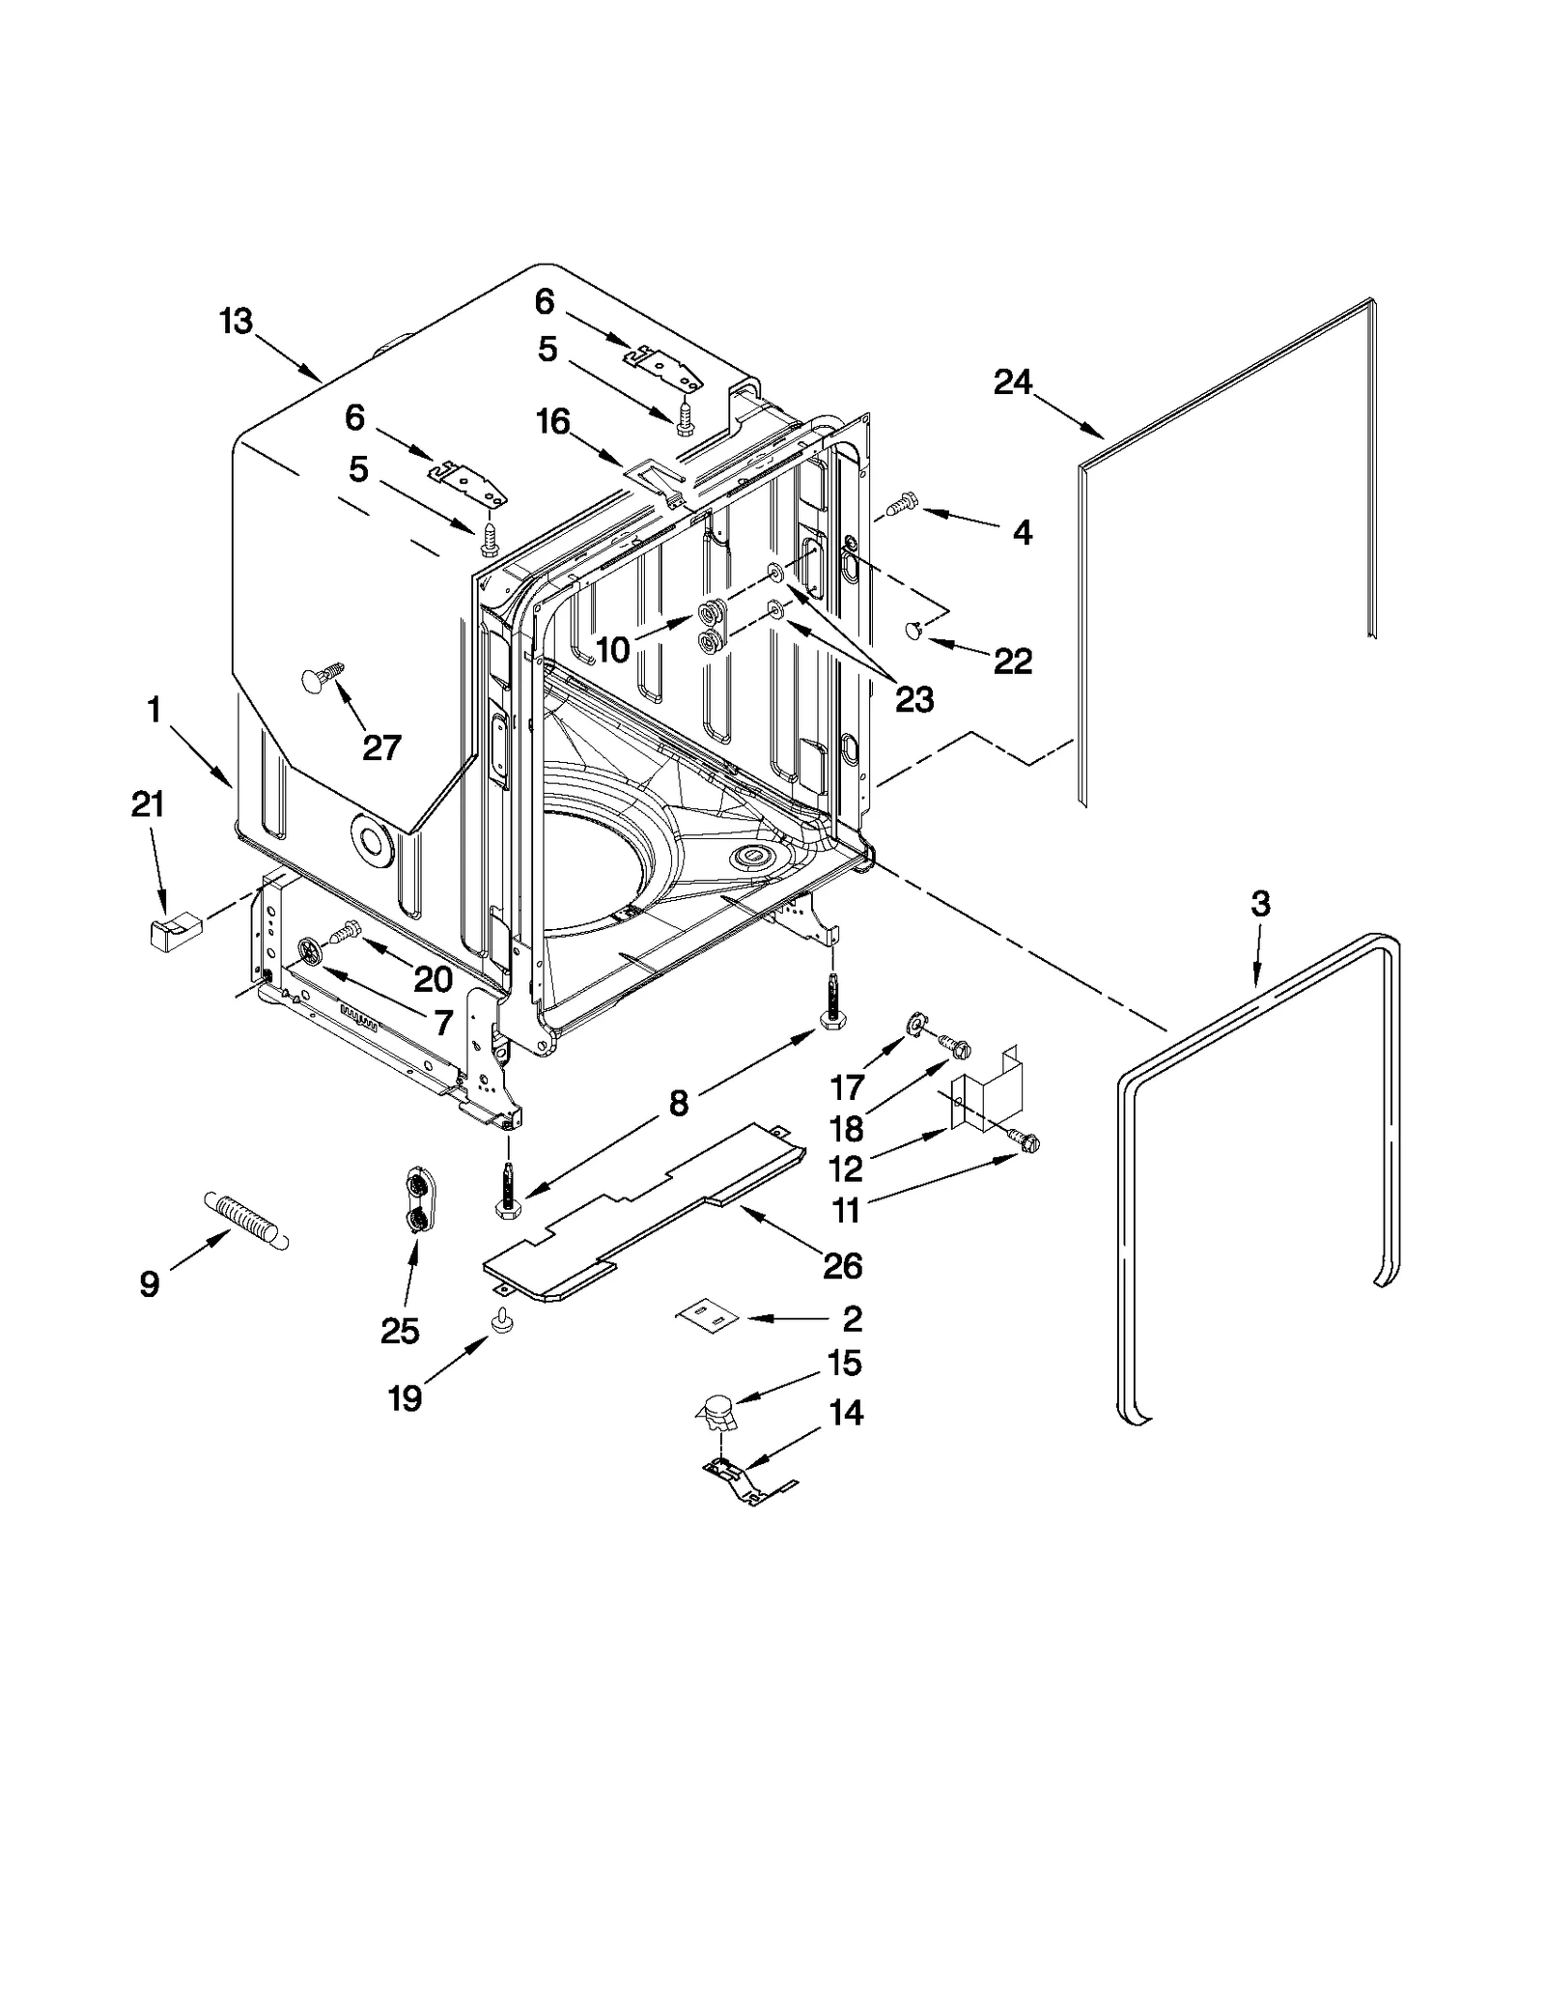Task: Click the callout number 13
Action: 236,321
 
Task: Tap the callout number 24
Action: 1013,382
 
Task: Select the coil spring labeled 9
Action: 245,1220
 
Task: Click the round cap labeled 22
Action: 913,631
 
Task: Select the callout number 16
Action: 553,422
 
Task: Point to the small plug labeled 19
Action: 502,1321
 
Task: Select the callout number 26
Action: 842,1265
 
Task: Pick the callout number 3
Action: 1260,905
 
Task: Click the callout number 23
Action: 913,699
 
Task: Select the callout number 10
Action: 612,649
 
